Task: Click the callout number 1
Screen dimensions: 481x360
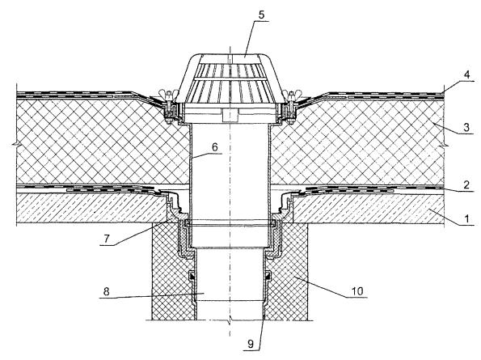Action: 466,218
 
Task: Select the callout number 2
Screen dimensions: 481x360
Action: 466,184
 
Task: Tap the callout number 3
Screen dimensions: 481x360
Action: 466,127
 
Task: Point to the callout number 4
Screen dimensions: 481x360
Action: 466,74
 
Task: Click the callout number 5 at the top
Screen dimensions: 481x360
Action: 261,15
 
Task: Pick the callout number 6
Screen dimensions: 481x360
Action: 215,147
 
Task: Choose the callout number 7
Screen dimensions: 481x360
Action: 107,239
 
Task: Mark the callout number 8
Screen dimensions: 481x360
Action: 106,291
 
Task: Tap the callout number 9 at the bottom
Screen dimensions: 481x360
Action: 251,344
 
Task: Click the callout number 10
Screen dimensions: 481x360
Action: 357,290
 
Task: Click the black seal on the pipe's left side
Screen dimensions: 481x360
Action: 192,276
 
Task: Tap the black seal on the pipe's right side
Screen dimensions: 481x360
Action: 268,276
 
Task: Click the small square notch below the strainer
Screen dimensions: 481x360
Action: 230,115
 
